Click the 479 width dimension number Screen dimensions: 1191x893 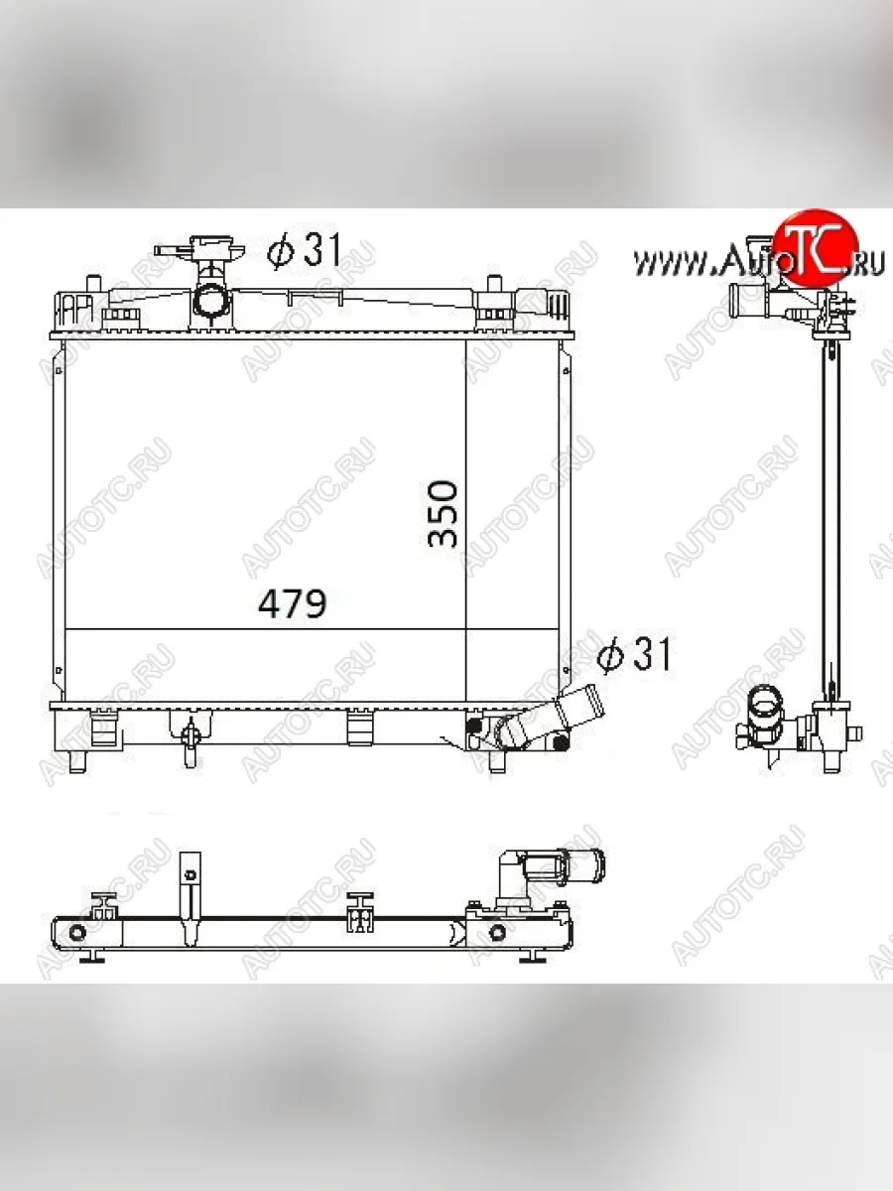(x=293, y=603)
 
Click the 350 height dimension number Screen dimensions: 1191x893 (x=444, y=513)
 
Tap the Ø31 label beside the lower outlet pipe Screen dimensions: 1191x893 (x=636, y=654)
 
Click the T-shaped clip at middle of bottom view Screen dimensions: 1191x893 (x=359, y=912)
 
